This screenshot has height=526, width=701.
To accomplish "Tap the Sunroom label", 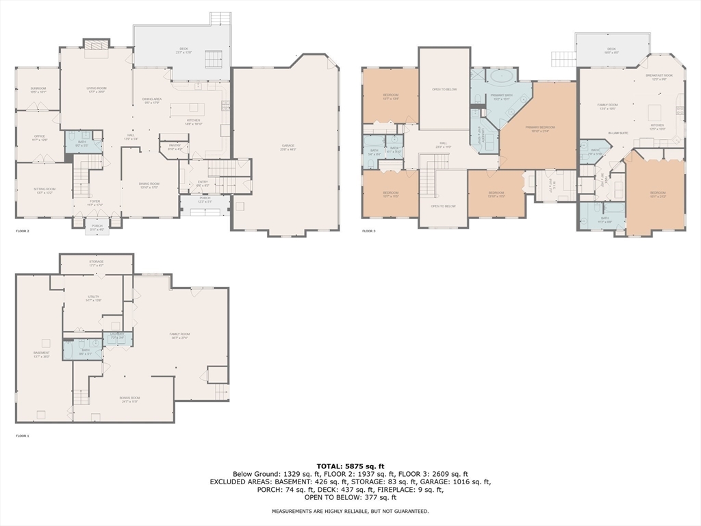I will tap(38, 90).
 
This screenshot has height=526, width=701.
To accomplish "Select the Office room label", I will tap(39, 137).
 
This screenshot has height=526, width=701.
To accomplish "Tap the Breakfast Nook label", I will tap(659, 77).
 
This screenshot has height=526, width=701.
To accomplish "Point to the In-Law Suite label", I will tap(618, 133).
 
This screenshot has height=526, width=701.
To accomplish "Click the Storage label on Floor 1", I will tap(96, 262).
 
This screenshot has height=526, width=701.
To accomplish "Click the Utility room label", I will tap(93, 298).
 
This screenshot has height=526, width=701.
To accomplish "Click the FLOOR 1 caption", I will tap(23, 436).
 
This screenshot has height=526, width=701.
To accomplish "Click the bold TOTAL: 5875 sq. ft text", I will tap(350, 466).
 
